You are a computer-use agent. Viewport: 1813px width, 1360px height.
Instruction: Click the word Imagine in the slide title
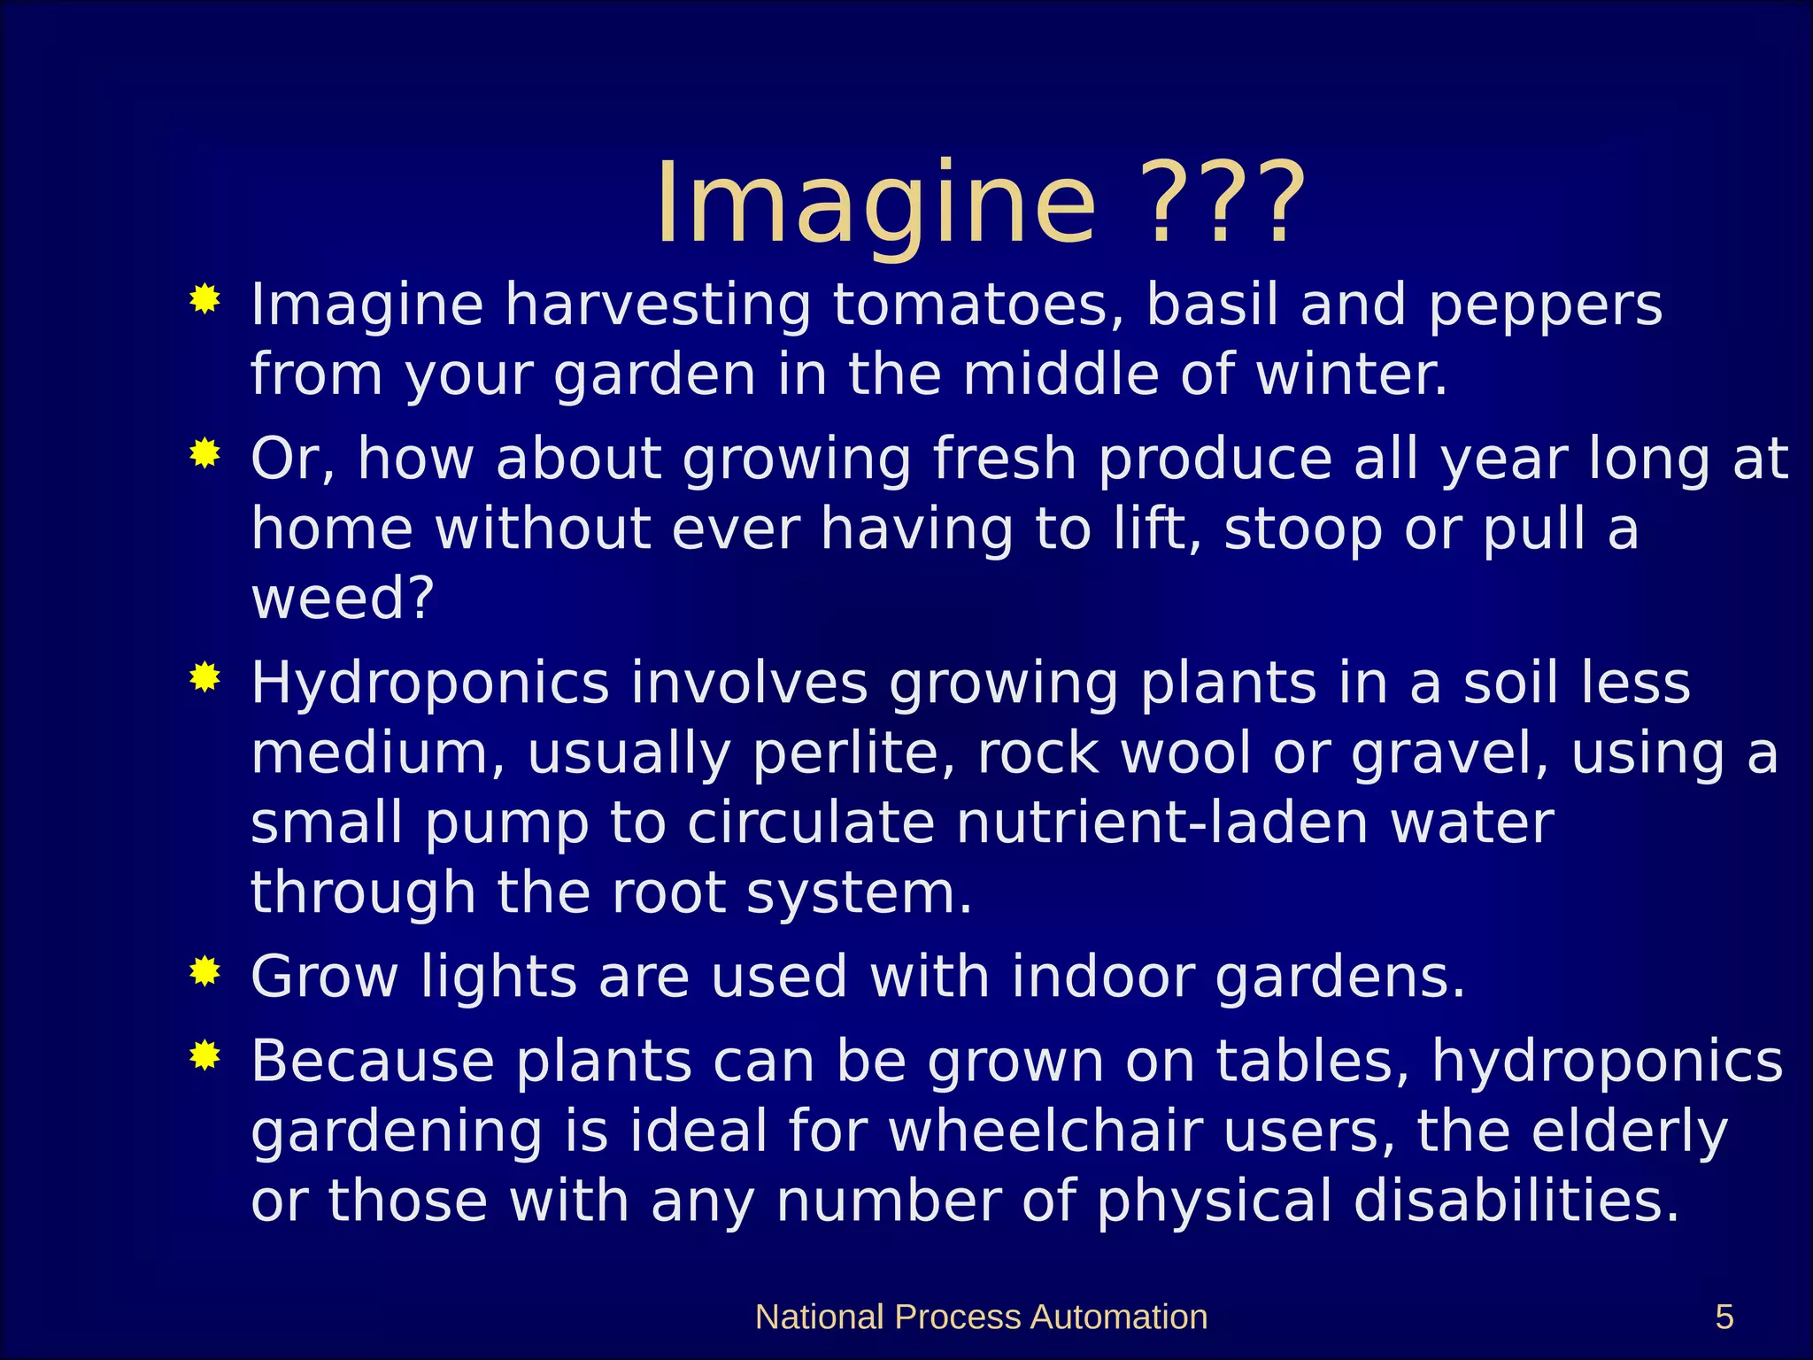click(875, 205)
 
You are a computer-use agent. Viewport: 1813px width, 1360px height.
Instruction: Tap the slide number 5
click(1724, 1317)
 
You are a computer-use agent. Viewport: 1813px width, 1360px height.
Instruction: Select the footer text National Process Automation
click(981, 1317)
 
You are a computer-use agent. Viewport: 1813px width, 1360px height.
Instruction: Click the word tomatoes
click(978, 305)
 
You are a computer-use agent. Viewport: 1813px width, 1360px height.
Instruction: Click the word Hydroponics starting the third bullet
click(430, 684)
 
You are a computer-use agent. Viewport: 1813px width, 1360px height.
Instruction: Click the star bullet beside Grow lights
click(204, 971)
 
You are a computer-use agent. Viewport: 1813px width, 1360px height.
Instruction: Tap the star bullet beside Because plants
click(204, 1055)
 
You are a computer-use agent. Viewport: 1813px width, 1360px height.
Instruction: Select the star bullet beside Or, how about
click(204, 454)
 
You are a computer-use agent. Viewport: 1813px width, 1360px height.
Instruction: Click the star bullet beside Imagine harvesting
click(204, 299)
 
